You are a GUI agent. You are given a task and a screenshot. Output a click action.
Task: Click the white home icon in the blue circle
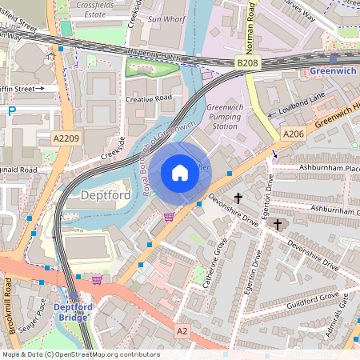[x=180, y=171]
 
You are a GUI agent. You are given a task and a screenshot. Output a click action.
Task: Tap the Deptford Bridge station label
[x=74, y=311]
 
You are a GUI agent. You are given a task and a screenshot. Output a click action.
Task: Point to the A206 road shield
[x=293, y=134]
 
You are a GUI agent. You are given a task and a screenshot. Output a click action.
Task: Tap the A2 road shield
[x=183, y=330]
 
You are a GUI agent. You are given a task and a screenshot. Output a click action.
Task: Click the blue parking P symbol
[x=11, y=111]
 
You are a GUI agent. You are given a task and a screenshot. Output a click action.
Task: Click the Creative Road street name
[x=148, y=98]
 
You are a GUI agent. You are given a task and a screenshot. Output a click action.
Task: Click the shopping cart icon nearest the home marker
[x=169, y=216]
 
